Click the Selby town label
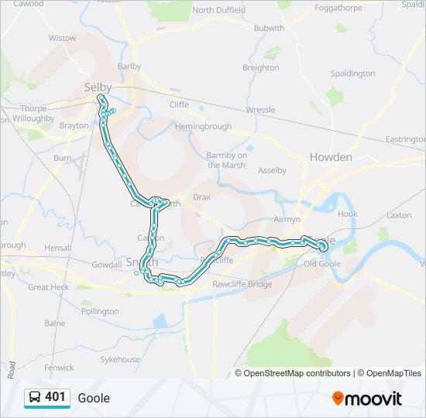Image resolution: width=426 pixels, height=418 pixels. [x=98, y=87]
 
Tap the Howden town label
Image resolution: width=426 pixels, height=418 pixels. [x=331, y=157]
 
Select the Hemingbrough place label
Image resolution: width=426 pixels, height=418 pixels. [x=204, y=126]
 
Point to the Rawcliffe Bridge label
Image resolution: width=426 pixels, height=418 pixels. [x=242, y=285]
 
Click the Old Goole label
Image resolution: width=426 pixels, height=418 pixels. [x=321, y=264]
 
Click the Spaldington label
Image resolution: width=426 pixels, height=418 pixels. [x=352, y=74]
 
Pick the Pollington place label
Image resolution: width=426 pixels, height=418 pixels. [x=100, y=311]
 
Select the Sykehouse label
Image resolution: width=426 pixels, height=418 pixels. [x=120, y=359]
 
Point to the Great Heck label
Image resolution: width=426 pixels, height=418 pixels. [x=49, y=287]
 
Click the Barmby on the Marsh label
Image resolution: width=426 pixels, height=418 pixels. [x=226, y=159]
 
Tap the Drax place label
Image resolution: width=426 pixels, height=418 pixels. [x=202, y=197]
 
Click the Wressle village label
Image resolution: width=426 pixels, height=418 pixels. [x=260, y=110]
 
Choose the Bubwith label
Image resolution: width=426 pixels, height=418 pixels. [x=269, y=28]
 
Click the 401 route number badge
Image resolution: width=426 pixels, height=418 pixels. [x=55, y=397]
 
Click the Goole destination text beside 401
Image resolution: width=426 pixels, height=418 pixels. [x=94, y=398]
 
